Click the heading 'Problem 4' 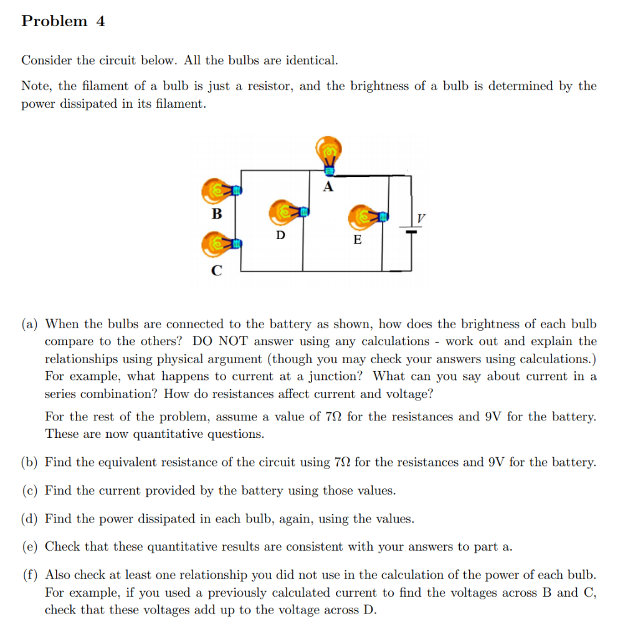click(63, 21)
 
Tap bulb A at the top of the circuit click(328, 153)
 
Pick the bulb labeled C click(217, 244)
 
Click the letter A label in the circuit click(328, 186)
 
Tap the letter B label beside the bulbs click(216, 214)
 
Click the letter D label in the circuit click(281, 235)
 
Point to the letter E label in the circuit click(357, 240)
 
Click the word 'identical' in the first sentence click(311, 60)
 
